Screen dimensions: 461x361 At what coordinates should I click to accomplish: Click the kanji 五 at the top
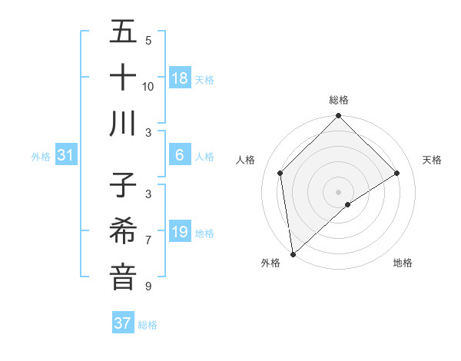tap(123, 33)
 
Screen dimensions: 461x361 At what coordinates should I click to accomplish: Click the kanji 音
tap(123, 277)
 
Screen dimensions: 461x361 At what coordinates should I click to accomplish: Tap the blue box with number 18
tap(180, 78)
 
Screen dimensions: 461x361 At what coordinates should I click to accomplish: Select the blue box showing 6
tap(180, 155)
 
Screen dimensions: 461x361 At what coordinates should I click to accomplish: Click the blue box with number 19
tap(180, 232)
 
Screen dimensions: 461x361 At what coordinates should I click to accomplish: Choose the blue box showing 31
tap(66, 155)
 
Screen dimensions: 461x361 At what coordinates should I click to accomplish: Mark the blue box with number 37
tap(123, 323)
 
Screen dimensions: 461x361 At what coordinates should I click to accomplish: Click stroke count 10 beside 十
tap(148, 86)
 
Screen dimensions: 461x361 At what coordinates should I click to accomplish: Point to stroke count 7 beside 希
tap(148, 240)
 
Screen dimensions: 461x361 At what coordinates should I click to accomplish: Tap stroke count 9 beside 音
tap(148, 286)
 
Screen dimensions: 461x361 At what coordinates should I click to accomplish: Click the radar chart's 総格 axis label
tap(339, 100)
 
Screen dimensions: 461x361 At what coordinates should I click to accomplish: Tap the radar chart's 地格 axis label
tap(403, 263)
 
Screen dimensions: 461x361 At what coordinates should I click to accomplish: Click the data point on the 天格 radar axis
tap(397, 173)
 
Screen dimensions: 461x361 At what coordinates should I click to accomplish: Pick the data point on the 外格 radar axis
tap(293, 254)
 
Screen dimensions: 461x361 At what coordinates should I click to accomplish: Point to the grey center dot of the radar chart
tap(339, 191)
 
